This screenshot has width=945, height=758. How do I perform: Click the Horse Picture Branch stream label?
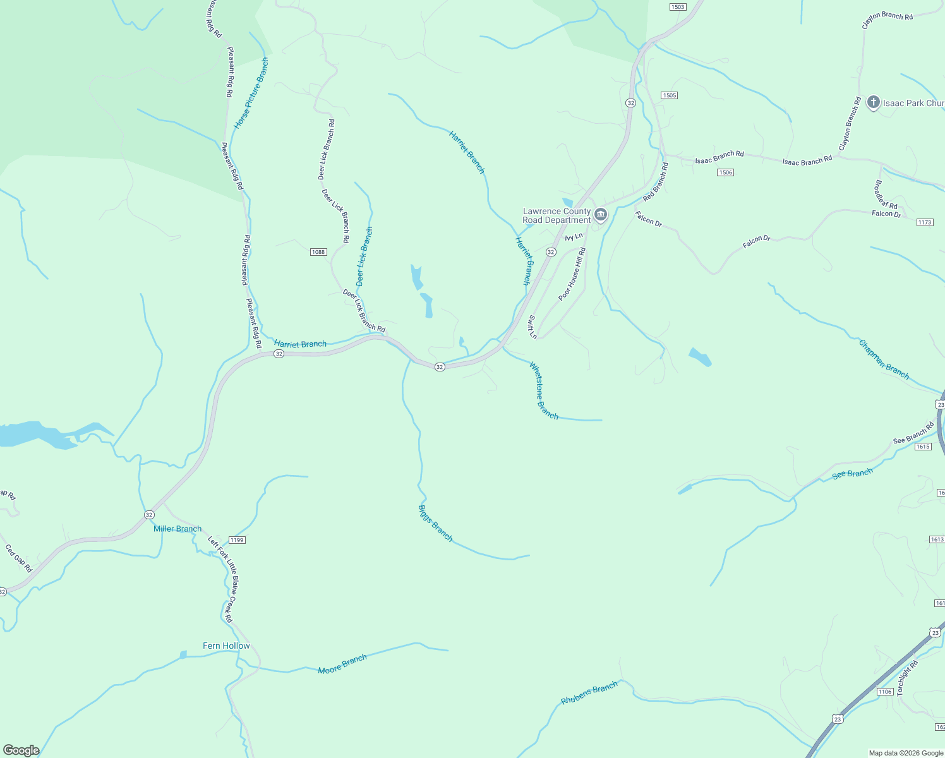251,93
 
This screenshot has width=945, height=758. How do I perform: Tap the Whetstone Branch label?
543,390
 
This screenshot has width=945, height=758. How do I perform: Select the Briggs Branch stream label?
436,523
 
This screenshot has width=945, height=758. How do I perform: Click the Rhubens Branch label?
589,693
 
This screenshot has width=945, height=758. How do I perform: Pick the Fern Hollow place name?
226,646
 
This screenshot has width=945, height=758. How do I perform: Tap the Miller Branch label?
178,529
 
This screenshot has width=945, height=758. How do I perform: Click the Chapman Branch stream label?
884,359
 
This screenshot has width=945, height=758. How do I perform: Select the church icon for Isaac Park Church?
874,102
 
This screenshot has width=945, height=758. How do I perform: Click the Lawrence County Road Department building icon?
601,215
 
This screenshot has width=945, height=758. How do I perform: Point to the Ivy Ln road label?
574,237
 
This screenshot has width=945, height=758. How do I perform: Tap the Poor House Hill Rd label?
572,274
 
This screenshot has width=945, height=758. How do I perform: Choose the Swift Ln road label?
533,327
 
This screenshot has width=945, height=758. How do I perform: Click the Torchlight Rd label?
907,677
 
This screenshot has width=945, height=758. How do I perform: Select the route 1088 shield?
318,252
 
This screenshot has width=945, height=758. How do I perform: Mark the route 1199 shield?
237,540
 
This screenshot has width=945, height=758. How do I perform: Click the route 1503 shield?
678,7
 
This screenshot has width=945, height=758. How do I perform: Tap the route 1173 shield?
924,222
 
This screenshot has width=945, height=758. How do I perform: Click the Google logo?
21,750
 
